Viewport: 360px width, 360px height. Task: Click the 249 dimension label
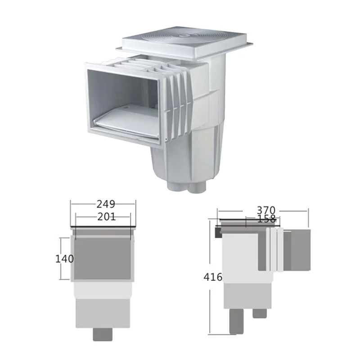point(106,204)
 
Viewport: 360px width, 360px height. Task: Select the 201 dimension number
point(107,217)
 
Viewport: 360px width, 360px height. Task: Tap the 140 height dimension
point(64,259)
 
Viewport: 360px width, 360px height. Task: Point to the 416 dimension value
point(213,277)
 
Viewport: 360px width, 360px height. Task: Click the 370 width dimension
point(266,210)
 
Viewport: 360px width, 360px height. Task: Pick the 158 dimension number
point(266,219)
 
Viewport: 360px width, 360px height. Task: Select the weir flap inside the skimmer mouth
point(127,122)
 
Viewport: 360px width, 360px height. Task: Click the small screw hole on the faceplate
point(165,139)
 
